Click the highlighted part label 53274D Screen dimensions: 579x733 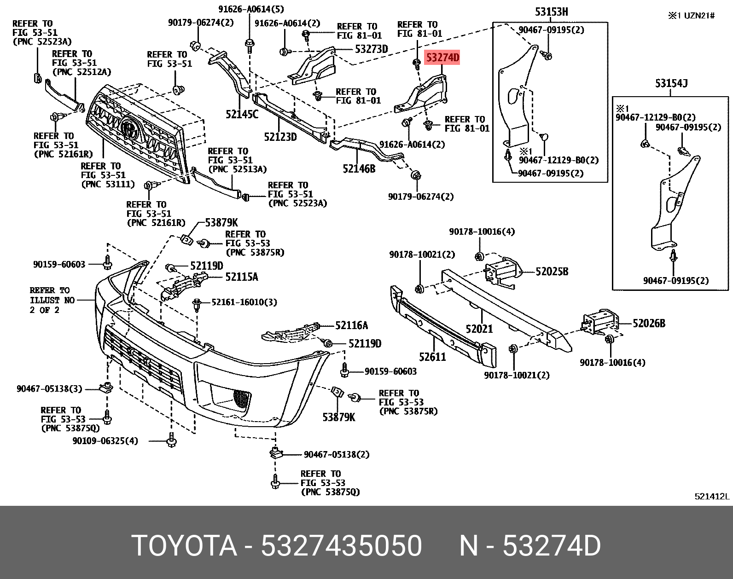[442, 58]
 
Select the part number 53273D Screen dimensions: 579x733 [371, 49]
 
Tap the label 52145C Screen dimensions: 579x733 [242, 114]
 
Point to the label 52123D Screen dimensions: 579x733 [280, 137]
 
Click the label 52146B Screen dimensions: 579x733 [359, 169]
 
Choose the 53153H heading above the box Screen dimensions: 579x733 [551, 12]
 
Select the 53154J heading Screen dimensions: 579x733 [671, 83]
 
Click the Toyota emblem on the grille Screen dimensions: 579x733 [130, 127]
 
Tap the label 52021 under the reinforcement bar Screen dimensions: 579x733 [479, 329]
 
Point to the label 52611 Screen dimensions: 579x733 [432, 357]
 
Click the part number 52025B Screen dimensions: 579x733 [552, 272]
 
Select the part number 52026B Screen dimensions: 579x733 [649, 324]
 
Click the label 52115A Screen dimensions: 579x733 [241, 277]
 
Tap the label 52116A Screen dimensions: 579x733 [351, 325]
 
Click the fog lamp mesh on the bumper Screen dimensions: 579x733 [242, 398]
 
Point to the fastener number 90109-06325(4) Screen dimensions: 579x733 [105, 441]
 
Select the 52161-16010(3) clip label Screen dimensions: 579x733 [244, 302]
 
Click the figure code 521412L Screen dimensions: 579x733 [712, 496]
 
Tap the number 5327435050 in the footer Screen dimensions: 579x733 [341, 546]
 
